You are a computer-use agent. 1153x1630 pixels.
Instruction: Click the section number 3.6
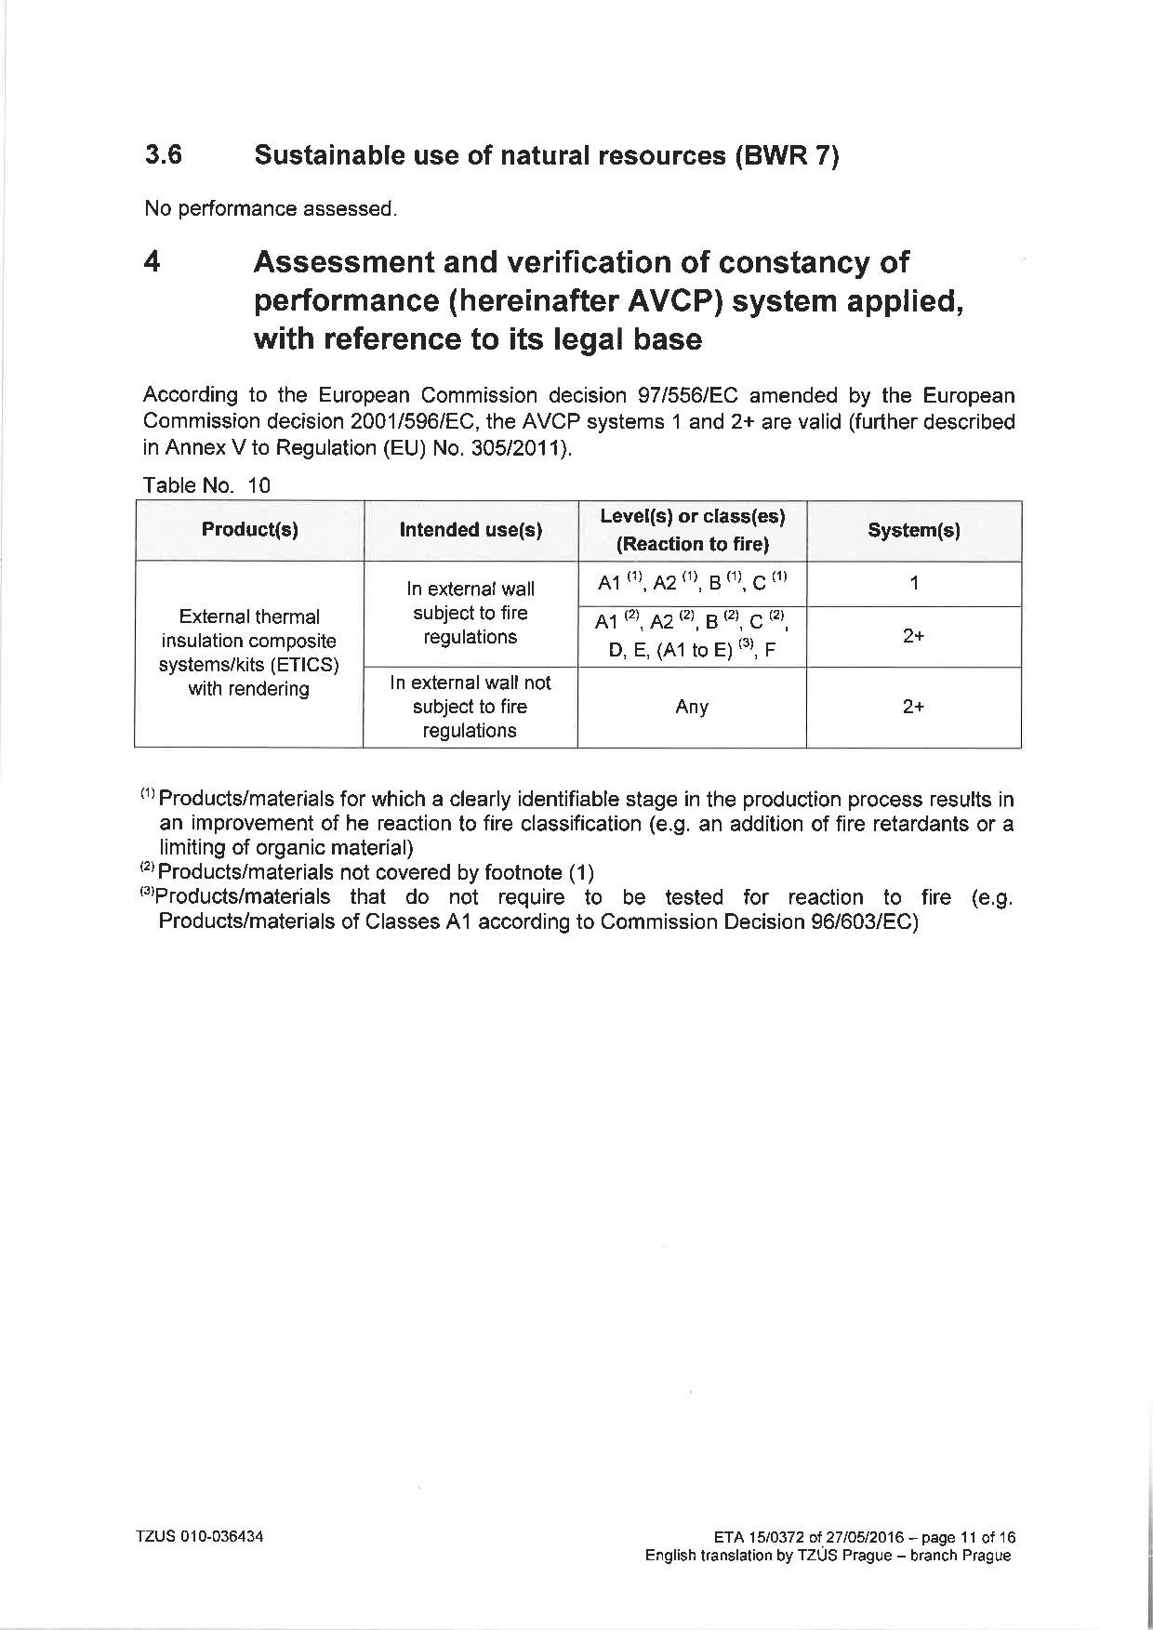point(163,154)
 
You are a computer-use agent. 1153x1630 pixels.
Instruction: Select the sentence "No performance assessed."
point(271,208)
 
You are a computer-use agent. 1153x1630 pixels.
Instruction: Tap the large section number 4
point(152,262)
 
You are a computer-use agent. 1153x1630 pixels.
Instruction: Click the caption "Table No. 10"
point(206,484)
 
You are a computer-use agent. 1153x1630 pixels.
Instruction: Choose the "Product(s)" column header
point(249,530)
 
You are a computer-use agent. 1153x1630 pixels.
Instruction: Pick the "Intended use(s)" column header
point(470,530)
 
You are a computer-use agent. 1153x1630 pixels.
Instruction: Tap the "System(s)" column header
point(913,530)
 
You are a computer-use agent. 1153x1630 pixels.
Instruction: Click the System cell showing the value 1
point(914,583)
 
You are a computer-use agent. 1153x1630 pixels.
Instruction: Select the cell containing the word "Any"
point(692,707)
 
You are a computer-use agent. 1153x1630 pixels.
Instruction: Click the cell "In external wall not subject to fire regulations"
point(470,707)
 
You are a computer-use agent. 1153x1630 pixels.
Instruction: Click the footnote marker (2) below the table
point(148,871)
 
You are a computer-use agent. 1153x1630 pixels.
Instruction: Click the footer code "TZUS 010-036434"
point(200,1537)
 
